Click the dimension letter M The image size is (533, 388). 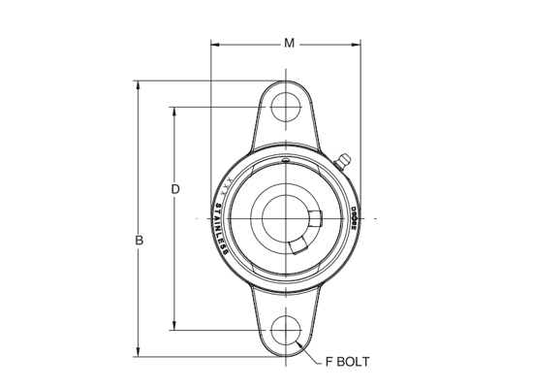tap(288, 43)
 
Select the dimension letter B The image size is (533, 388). tap(140, 240)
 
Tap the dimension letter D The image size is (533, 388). tap(175, 189)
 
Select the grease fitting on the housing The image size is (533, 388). tap(342, 161)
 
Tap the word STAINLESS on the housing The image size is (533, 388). tap(221, 229)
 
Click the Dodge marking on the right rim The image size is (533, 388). tap(353, 217)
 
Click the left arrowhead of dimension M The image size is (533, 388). tap(216, 45)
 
